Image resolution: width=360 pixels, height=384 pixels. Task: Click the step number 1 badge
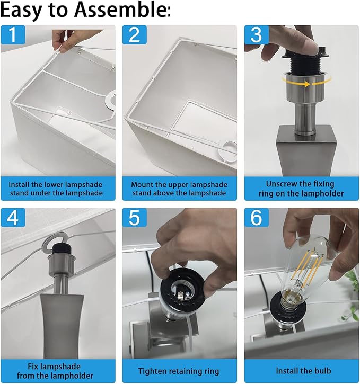click(x=13, y=35)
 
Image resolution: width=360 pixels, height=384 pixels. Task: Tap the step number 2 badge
click(x=135, y=35)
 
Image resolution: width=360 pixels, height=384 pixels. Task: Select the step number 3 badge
click(x=257, y=35)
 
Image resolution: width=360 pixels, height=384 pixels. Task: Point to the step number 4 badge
click(x=13, y=218)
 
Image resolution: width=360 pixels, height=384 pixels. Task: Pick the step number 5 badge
click(x=135, y=218)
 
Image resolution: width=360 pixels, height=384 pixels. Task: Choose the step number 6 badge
click(x=257, y=218)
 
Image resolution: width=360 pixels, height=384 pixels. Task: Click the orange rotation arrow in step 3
click(x=306, y=82)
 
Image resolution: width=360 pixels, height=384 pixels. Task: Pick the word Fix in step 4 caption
click(x=33, y=367)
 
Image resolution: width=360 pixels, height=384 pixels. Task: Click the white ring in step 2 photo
click(x=227, y=151)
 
